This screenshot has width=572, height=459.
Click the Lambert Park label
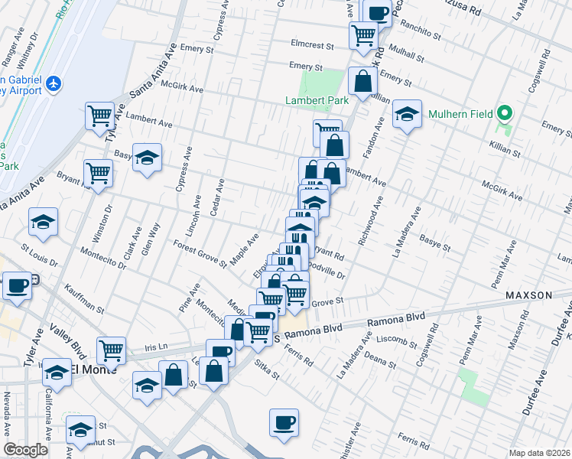pos(317,100)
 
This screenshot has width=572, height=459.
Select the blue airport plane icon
pos(53,83)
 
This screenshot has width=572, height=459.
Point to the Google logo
pos(25,450)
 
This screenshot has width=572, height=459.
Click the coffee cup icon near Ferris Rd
pos(284,422)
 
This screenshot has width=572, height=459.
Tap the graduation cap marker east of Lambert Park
pos(408,114)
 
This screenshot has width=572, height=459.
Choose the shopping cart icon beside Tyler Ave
pos(100,116)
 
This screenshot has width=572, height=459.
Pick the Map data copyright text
pos(540,453)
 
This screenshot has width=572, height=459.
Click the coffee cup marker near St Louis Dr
pos(17,285)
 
